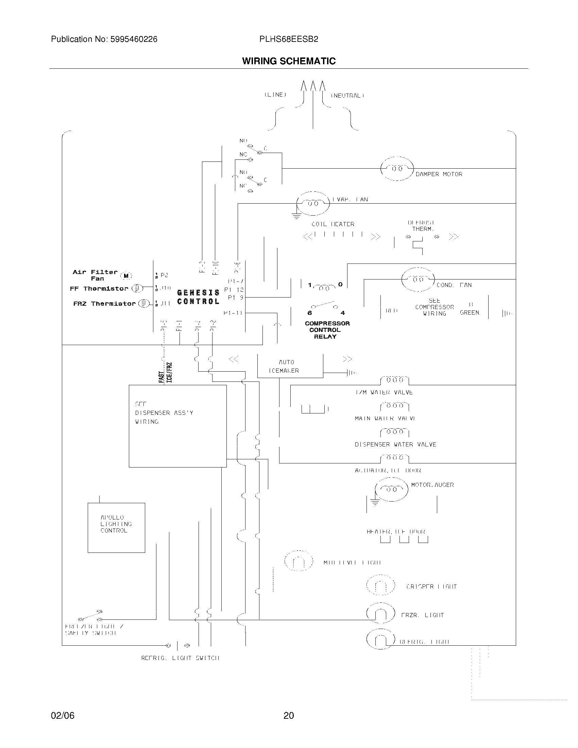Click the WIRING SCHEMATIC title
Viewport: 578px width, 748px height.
click(289, 61)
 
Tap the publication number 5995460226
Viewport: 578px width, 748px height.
click(134, 39)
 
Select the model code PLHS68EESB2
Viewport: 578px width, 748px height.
click(289, 39)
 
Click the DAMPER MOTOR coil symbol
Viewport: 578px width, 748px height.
click(397, 169)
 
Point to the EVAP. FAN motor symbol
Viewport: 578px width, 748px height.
click(312, 203)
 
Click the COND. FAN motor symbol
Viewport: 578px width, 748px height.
click(418, 279)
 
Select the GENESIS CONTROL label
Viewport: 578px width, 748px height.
click(198, 297)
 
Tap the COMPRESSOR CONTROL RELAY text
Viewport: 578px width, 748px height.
click(327, 330)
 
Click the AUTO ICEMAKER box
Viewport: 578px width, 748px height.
click(290, 366)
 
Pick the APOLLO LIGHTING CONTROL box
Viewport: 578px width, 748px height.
click(116, 527)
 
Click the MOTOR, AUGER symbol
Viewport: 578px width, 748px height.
click(391, 490)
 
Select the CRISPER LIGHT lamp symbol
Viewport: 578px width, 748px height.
click(380, 586)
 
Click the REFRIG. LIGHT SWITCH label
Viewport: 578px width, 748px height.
click(180, 658)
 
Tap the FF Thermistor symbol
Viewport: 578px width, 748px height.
click(137, 288)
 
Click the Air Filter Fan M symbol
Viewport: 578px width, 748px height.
click(126, 276)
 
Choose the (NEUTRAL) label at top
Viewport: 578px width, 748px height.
click(347, 96)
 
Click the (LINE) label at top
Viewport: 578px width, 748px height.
click(275, 95)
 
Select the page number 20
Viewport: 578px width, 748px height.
click(289, 715)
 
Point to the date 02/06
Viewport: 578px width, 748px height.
click(63, 715)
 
